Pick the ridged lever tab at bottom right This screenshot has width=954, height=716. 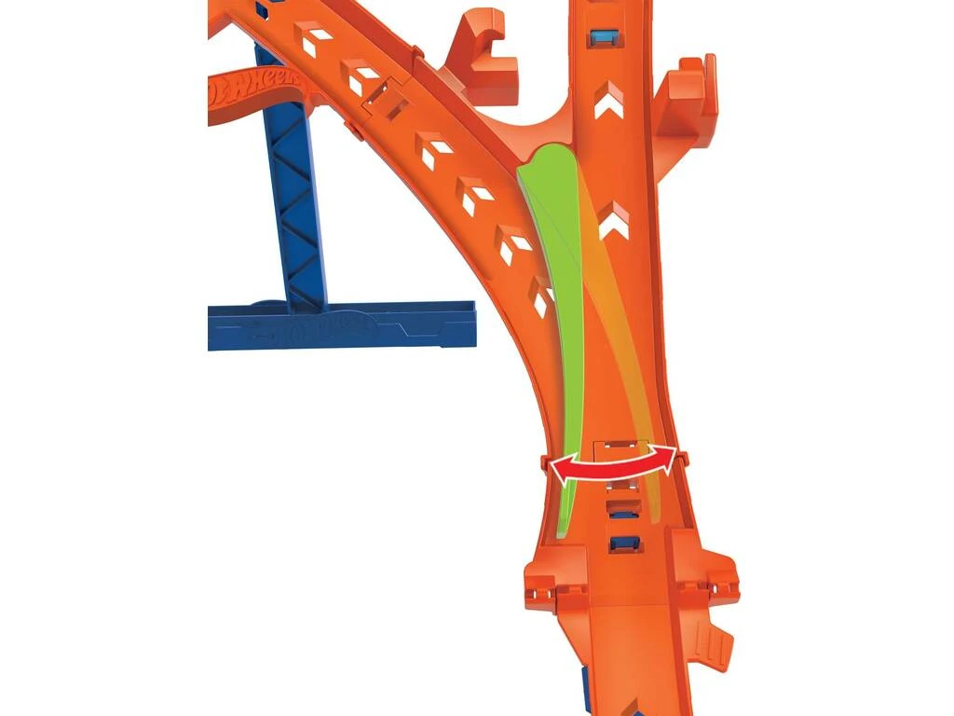pos(715,642)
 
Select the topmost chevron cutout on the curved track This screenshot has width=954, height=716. pos(315,36)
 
